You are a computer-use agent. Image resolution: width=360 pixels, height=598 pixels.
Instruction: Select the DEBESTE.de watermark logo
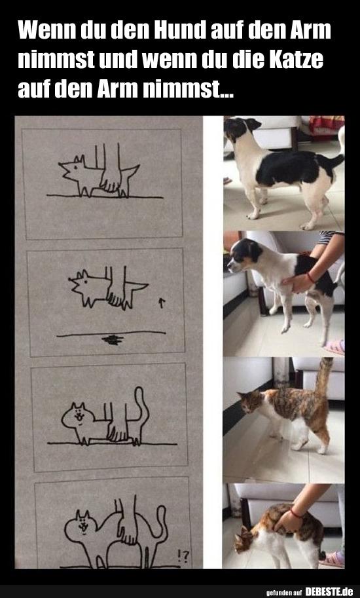pos(329,591)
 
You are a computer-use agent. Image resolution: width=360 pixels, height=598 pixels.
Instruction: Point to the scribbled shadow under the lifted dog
pos(113,339)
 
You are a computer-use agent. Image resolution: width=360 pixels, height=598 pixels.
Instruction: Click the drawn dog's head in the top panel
pos(73,168)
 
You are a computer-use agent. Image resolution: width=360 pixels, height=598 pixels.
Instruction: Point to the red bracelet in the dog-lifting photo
pos(310,277)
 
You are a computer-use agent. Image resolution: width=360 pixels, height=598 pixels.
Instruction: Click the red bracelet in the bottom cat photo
pos(296,513)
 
